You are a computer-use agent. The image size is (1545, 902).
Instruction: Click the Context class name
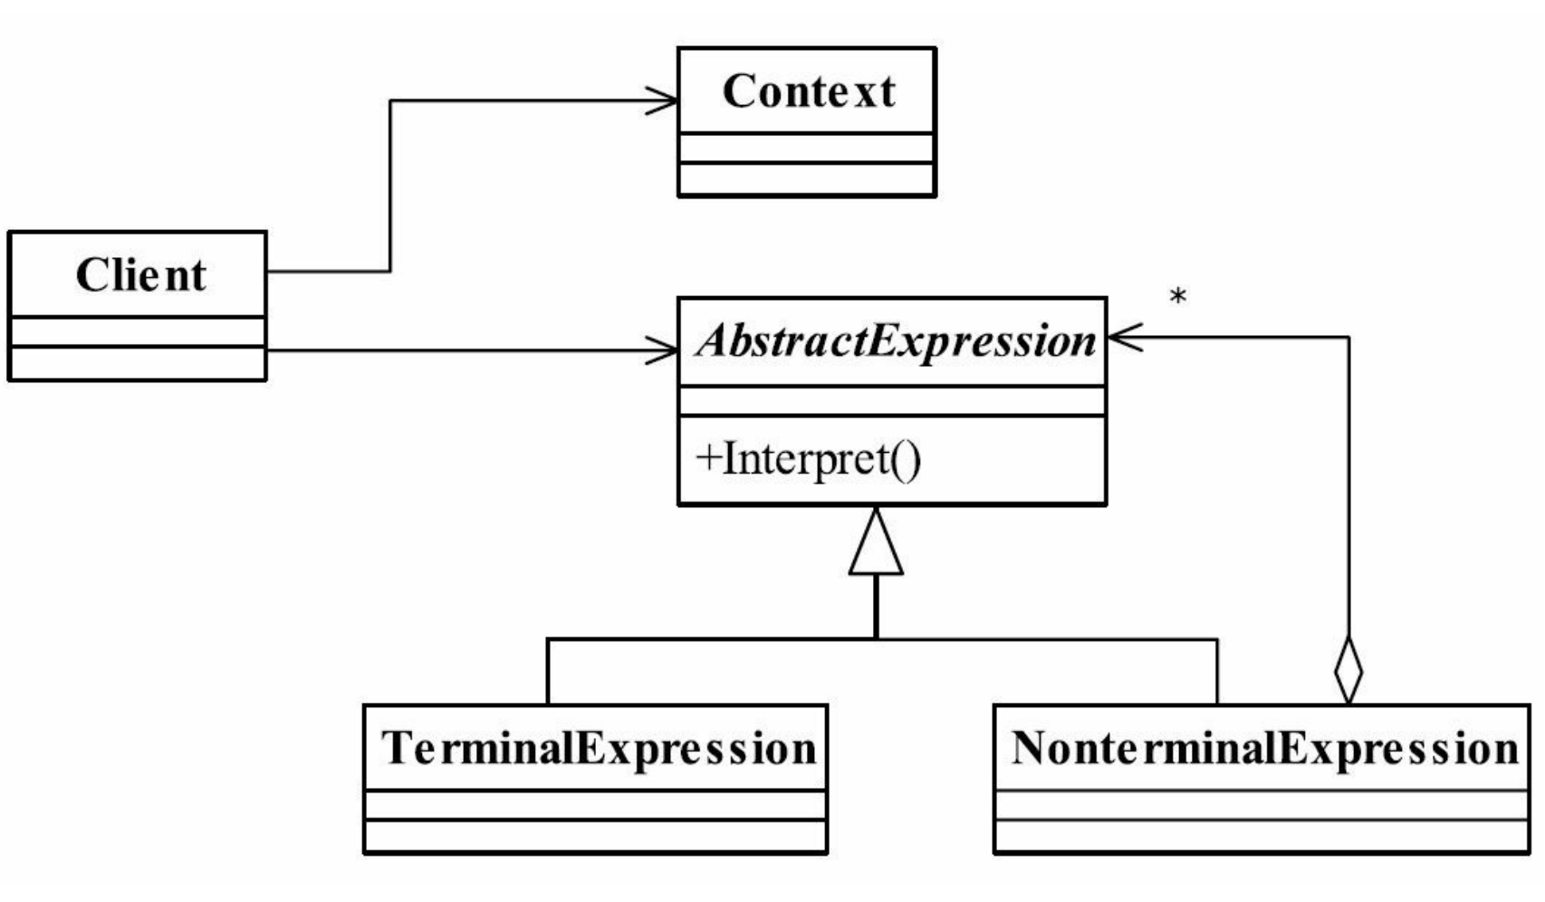click(809, 91)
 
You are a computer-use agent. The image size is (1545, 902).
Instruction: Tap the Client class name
click(140, 274)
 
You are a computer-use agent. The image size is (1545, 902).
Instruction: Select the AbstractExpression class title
click(896, 341)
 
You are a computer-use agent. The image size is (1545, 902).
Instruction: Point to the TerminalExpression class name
click(599, 748)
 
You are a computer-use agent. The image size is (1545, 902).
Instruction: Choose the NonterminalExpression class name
click(1265, 748)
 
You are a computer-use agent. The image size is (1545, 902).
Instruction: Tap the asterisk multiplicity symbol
click(1178, 297)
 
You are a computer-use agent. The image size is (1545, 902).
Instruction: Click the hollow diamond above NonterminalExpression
click(1348, 670)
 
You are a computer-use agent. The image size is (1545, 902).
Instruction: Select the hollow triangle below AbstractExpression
click(876, 542)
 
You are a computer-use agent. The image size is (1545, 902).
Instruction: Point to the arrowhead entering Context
click(662, 101)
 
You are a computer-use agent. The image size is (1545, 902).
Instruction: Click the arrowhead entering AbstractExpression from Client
click(662, 351)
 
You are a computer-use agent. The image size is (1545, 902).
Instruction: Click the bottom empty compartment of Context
click(806, 179)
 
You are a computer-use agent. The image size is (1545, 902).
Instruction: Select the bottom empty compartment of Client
click(138, 363)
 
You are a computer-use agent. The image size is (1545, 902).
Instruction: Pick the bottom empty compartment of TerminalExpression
click(595, 837)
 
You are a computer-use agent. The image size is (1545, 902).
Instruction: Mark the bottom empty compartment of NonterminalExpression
click(1262, 837)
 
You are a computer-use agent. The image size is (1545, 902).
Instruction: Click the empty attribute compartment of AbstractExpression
click(893, 401)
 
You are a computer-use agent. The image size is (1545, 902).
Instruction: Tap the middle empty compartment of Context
click(806, 149)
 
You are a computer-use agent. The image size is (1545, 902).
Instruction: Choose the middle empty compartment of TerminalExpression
click(595, 805)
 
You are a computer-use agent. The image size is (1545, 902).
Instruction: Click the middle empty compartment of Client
click(138, 332)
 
